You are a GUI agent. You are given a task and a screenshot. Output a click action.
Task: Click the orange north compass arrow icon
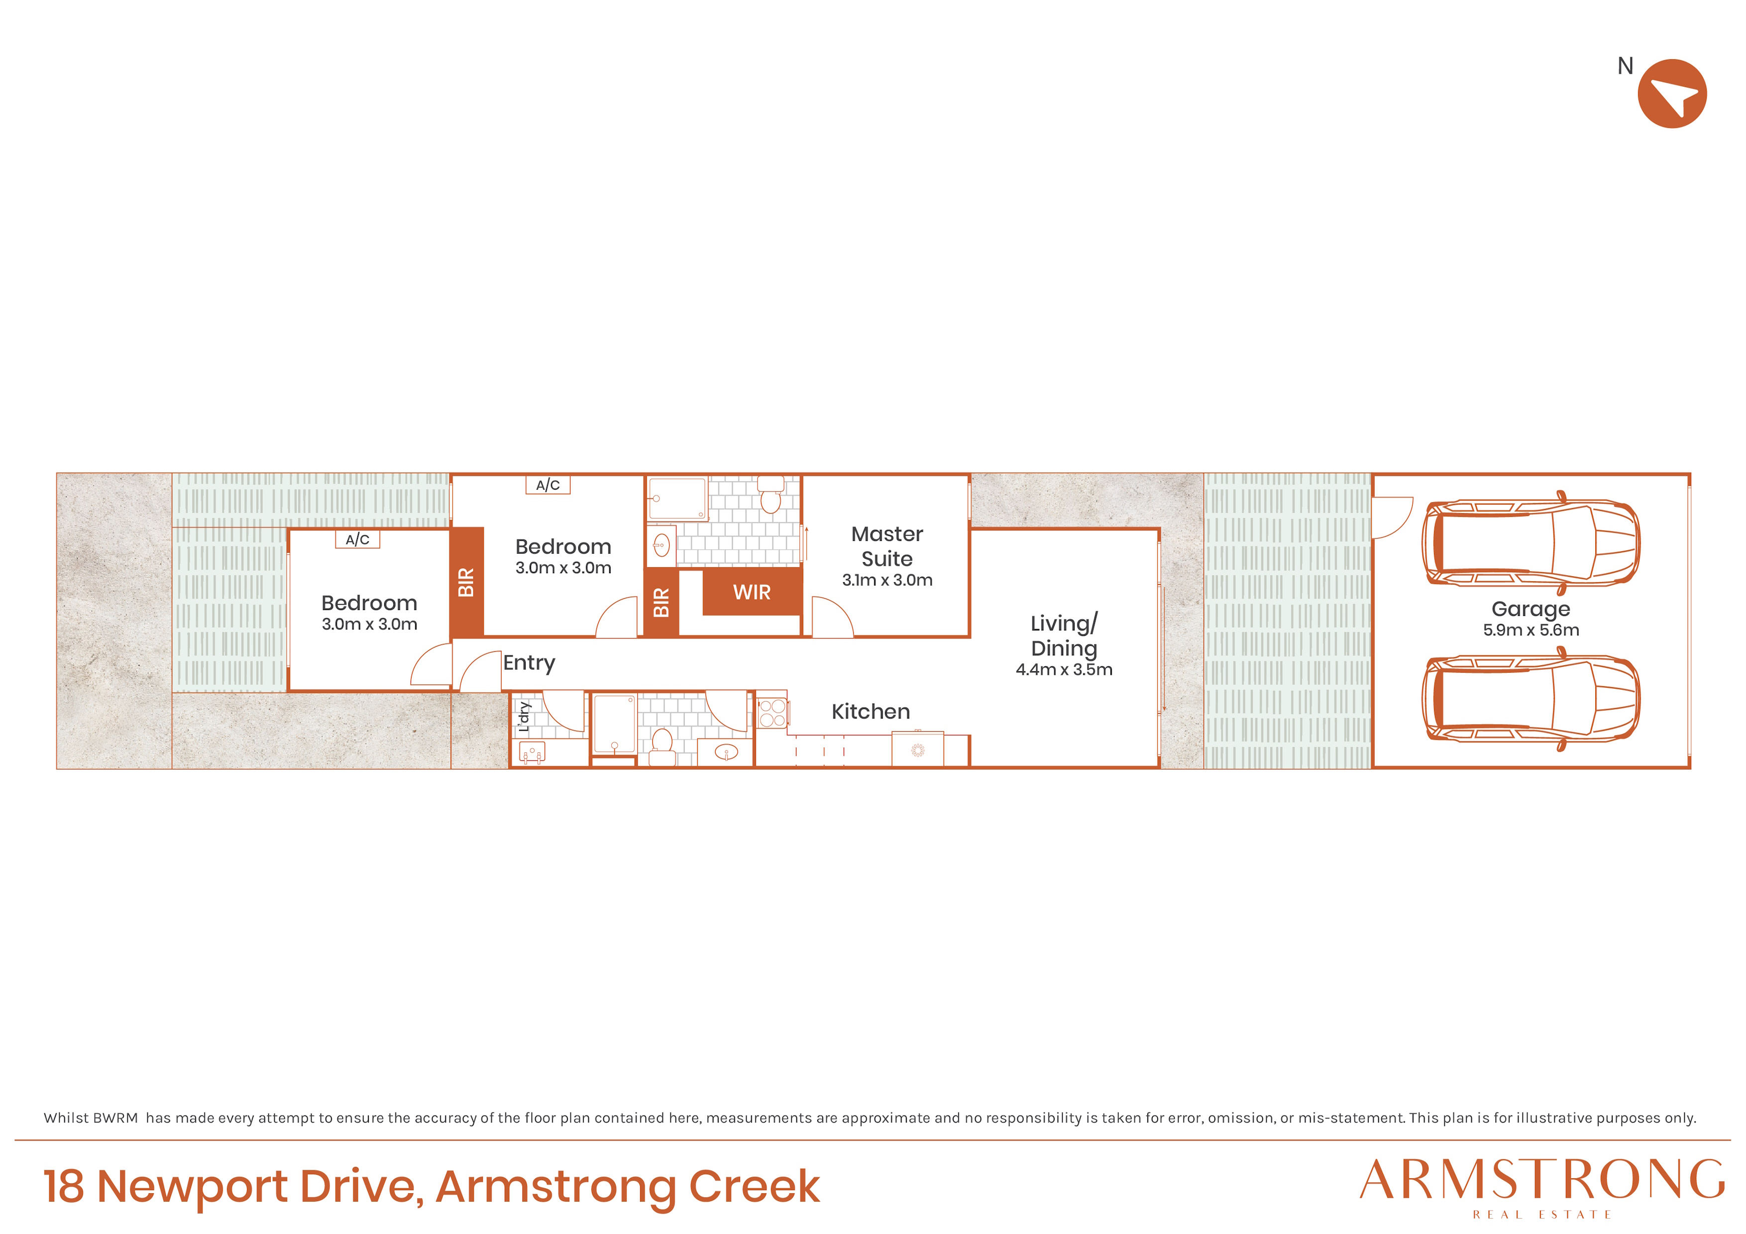1672,94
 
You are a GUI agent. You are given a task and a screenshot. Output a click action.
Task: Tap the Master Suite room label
887,546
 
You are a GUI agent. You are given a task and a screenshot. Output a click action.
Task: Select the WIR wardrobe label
752,592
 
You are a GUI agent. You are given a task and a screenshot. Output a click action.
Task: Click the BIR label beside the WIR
661,602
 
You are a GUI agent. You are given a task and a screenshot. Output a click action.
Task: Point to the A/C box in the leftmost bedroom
357,539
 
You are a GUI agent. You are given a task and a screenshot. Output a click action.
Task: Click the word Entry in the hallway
529,663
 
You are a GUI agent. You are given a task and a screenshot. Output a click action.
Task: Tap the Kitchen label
871,712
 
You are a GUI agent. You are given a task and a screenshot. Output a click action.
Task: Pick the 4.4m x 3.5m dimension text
1064,670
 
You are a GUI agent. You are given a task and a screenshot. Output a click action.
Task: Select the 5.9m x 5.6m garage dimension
1531,630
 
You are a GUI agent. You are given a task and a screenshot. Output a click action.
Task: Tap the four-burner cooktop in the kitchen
772,713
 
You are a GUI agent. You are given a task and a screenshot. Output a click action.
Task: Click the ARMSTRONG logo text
1542,1181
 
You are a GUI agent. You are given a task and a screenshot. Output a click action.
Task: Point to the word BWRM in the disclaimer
117,1118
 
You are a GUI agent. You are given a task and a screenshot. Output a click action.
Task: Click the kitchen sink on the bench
918,750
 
